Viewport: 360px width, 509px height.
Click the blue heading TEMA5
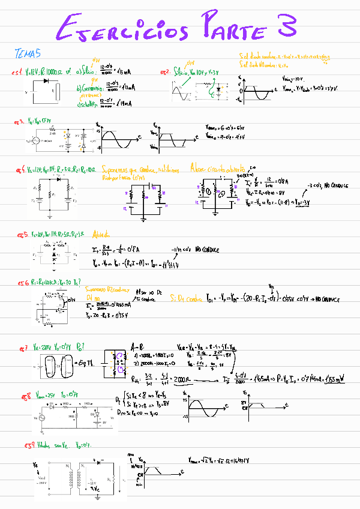click(27, 54)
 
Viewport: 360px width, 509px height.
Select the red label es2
click(164, 72)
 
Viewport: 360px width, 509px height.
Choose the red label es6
click(22, 282)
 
